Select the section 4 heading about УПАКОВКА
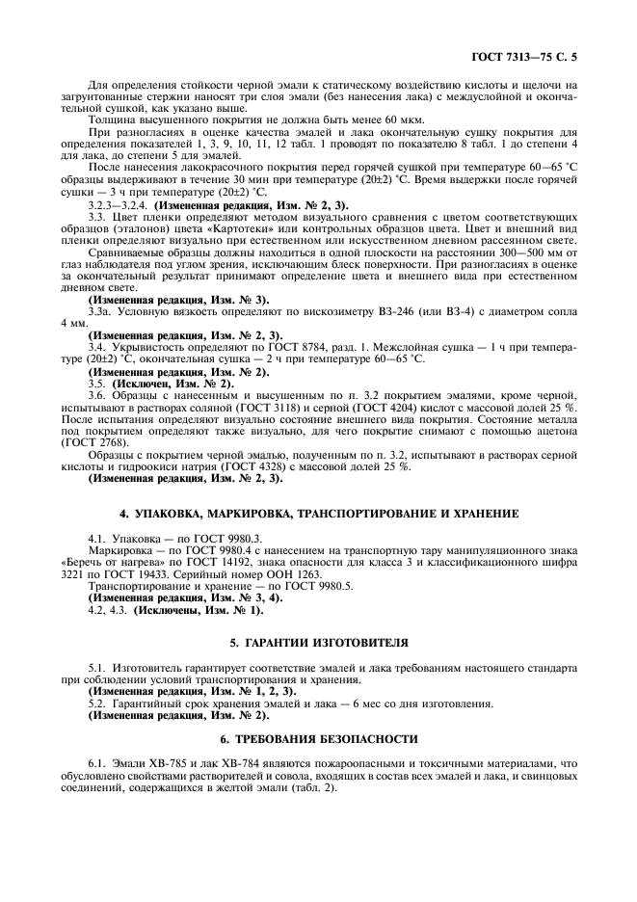coord(318,514)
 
